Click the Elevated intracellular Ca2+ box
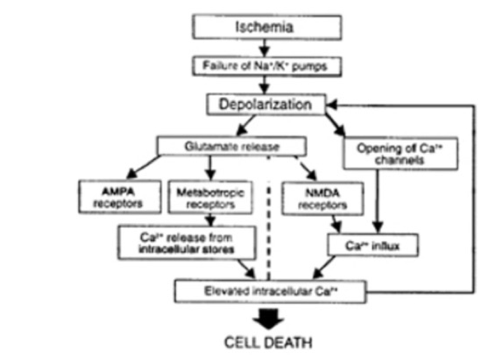[269, 290]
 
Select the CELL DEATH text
[267, 341]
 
